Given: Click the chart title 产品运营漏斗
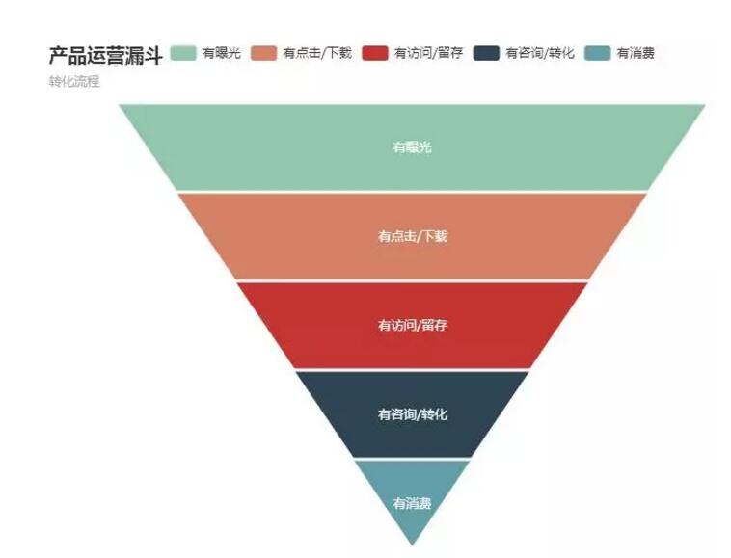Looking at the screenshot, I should click(105, 55).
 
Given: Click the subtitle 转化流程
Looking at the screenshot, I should click(74, 82).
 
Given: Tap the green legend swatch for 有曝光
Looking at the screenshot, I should click(183, 53).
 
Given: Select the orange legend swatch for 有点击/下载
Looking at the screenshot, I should click(264, 53).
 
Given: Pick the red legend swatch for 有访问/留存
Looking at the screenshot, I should click(375, 53).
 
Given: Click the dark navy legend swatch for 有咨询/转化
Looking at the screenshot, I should click(487, 53).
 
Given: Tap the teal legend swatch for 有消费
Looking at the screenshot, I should click(598, 53).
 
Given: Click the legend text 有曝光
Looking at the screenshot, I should click(222, 53).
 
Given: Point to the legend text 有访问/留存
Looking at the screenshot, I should click(428, 53).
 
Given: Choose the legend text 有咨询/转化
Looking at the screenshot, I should click(540, 53).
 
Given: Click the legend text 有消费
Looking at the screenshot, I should click(636, 53).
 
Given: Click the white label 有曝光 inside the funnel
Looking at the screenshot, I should click(412, 147).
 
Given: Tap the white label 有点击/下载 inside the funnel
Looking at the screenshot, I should click(412, 236).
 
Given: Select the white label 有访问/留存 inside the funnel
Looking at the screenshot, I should click(412, 326).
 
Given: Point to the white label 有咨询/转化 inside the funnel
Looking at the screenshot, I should click(412, 414).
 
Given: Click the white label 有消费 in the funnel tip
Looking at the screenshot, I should click(412, 503).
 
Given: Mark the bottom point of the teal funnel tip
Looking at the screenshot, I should click(413, 545).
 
